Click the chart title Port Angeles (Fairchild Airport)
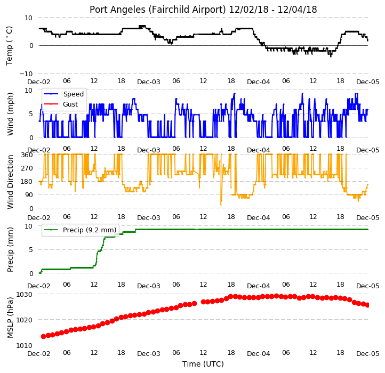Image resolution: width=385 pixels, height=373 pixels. pos(157,10)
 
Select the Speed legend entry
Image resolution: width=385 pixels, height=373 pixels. pos(74,94)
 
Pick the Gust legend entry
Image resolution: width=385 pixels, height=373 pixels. pos(70,104)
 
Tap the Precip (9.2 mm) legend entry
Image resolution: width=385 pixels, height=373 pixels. pos(90,230)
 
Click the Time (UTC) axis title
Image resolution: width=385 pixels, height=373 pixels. pos(203,364)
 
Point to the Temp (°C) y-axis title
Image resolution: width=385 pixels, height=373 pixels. pos(9,46)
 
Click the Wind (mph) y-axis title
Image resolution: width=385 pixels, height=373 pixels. pos(10,114)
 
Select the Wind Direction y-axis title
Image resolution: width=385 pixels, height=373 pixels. pos(10,182)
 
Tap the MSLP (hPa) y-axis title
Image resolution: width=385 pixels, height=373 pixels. pos(10,318)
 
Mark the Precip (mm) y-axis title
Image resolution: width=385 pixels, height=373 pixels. pos(10,249)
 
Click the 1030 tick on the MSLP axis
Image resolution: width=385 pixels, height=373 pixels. pos(24,295)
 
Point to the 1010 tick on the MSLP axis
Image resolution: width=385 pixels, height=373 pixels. pos(24,345)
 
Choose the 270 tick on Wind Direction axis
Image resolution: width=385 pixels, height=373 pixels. pos(28,168)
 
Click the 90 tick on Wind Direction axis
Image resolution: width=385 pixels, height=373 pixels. pos(29,195)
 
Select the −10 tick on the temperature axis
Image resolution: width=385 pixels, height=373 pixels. pos(26,74)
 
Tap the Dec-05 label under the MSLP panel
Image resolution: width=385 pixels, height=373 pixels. pos(367,353)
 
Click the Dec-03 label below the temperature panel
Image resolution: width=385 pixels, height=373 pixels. pos(149,82)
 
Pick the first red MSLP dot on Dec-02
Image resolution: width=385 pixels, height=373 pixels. pos(44,336)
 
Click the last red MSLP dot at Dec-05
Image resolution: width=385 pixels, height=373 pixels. pos(367,305)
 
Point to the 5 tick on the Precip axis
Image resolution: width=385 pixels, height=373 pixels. pos(30,250)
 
